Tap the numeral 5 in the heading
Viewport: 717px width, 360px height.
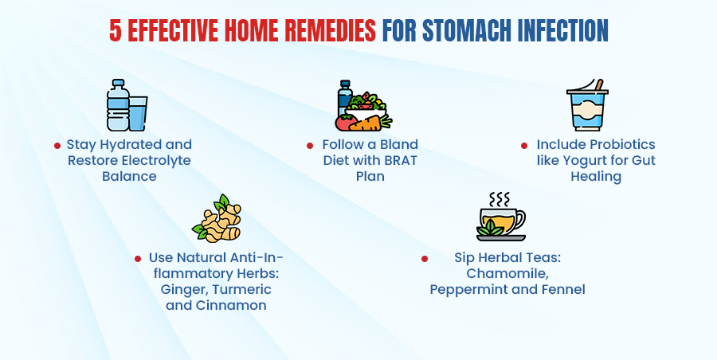[116, 29]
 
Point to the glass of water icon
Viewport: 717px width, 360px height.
[138, 113]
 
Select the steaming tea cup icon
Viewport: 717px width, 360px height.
[501, 221]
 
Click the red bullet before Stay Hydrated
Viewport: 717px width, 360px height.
[57, 146]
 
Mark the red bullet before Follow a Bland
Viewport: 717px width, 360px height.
[311, 146]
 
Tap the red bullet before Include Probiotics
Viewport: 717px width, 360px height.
[524, 146]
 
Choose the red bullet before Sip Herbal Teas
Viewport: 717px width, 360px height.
[425, 259]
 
